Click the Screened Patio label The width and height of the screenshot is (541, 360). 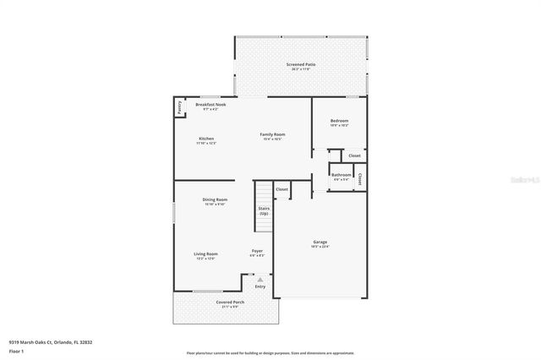tap(300, 64)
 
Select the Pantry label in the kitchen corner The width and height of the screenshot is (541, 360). tap(179, 107)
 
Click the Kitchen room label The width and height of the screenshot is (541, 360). tap(206, 139)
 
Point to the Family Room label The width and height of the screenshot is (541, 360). tap(272, 134)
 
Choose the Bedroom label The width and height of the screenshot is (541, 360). tap(339, 121)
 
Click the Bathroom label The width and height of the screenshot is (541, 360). tap(341, 175)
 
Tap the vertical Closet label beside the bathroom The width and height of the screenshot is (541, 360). tap(361, 178)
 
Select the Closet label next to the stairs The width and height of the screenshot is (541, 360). tap(281, 188)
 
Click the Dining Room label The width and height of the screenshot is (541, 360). tap(215, 199)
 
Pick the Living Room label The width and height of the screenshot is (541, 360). tap(206, 254)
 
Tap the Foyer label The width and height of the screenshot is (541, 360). tap(257, 251)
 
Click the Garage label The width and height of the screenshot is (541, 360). tap(320, 243)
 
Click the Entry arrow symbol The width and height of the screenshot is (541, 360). tap(260, 280)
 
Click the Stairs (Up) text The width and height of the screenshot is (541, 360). tap(264, 210)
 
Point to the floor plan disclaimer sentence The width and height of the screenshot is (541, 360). tap(270, 352)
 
